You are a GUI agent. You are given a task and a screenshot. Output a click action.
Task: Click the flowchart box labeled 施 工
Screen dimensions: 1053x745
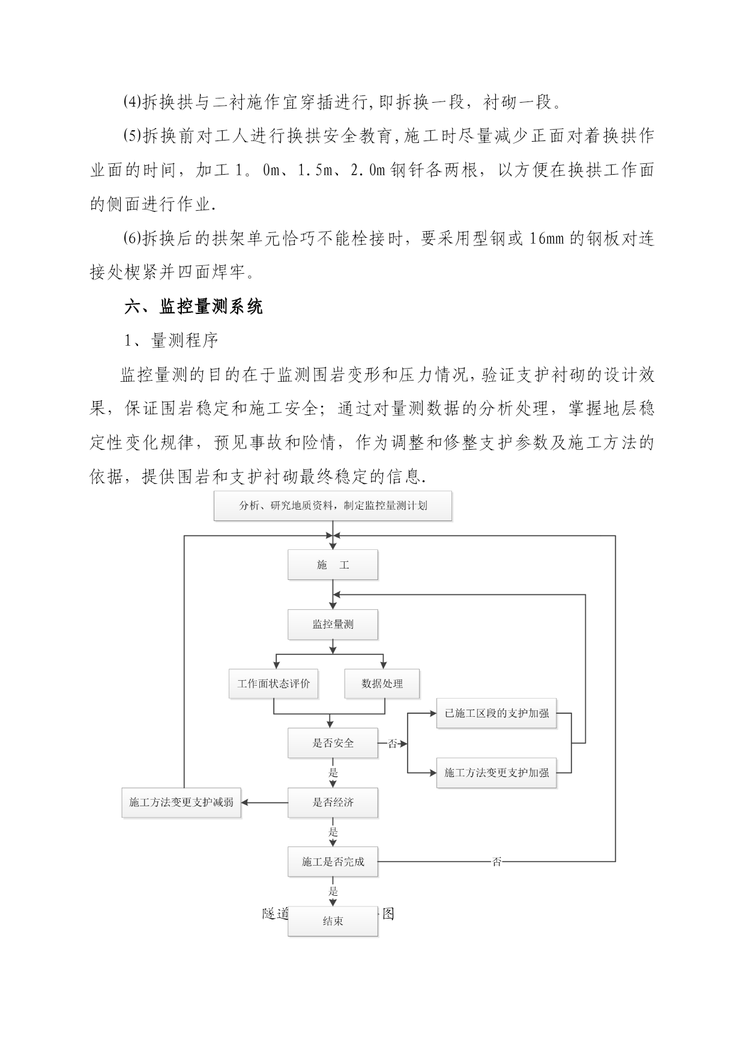pos(333,565)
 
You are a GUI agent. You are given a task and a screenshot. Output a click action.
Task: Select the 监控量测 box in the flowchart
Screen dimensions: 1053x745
pos(333,624)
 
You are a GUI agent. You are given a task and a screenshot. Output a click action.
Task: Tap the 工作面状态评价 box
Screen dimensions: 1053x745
pos(273,684)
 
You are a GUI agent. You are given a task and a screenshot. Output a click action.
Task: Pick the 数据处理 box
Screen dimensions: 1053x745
pos(382,684)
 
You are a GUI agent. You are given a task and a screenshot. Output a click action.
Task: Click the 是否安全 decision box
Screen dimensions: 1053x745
pos(333,743)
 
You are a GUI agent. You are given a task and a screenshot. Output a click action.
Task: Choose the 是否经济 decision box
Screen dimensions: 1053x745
pos(333,803)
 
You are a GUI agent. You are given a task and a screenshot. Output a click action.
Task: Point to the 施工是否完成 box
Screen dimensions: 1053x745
pos(333,862)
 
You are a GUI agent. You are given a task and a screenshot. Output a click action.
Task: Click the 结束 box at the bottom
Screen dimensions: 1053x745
pos(333,921)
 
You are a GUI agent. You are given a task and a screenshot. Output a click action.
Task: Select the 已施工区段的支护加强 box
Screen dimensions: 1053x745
pos(496,714)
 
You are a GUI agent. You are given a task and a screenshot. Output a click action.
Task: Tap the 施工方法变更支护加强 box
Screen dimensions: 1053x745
pos(496,773)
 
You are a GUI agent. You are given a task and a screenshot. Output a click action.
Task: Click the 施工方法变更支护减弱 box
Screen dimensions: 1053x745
pos(181,803)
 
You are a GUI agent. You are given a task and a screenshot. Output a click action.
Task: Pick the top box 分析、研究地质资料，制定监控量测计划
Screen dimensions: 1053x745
pos(333,505)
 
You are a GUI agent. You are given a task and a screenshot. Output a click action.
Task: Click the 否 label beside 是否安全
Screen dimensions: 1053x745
pos(393,744)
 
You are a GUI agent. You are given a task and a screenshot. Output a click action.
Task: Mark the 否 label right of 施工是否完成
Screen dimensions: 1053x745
pos(497,862)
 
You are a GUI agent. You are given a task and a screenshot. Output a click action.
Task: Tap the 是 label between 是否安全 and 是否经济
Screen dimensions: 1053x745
pos(333,773)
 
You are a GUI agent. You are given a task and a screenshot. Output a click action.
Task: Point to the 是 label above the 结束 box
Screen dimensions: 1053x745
pos(333,892)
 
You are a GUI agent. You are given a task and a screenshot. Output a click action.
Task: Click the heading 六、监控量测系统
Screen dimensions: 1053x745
pos(193,307)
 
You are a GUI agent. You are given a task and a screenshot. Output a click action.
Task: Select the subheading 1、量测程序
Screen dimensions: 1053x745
pos(171,341)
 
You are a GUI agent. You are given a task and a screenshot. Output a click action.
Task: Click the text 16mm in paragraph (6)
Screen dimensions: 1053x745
pos(546,239)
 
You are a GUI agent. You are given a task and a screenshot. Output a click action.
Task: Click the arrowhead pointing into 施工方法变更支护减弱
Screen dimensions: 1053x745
pos(246,803)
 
